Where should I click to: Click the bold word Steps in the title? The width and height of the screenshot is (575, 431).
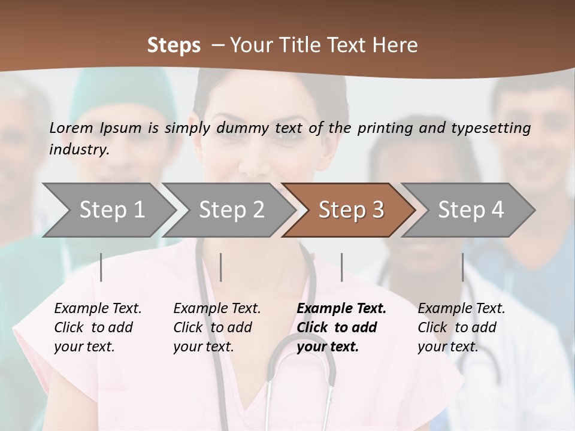174,45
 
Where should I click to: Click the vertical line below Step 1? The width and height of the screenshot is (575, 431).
101,267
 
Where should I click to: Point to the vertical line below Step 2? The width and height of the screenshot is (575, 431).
221,267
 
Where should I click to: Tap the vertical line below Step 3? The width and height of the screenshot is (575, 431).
341,267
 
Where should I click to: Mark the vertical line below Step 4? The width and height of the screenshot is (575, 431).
462,267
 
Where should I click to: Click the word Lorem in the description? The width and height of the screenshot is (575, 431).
71,128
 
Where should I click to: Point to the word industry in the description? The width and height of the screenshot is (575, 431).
78,149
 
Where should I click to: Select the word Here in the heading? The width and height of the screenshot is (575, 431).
398,45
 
